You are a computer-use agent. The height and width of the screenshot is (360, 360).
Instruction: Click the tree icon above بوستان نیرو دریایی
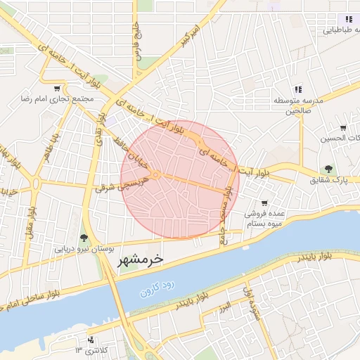(x=84, y=238)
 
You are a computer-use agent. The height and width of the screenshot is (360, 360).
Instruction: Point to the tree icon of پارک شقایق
(x=328, y=169)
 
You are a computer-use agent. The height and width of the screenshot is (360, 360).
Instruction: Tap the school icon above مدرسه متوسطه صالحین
(x=298, y=89)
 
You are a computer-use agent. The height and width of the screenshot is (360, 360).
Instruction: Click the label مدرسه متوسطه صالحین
(x=298, y=105)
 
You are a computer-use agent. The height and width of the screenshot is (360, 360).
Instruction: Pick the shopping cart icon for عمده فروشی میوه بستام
(x=264, y=204)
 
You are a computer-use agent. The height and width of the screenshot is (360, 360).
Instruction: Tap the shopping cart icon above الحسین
(x=342, y=128)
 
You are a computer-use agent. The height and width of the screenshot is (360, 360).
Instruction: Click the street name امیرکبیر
(x=186, y=39)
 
